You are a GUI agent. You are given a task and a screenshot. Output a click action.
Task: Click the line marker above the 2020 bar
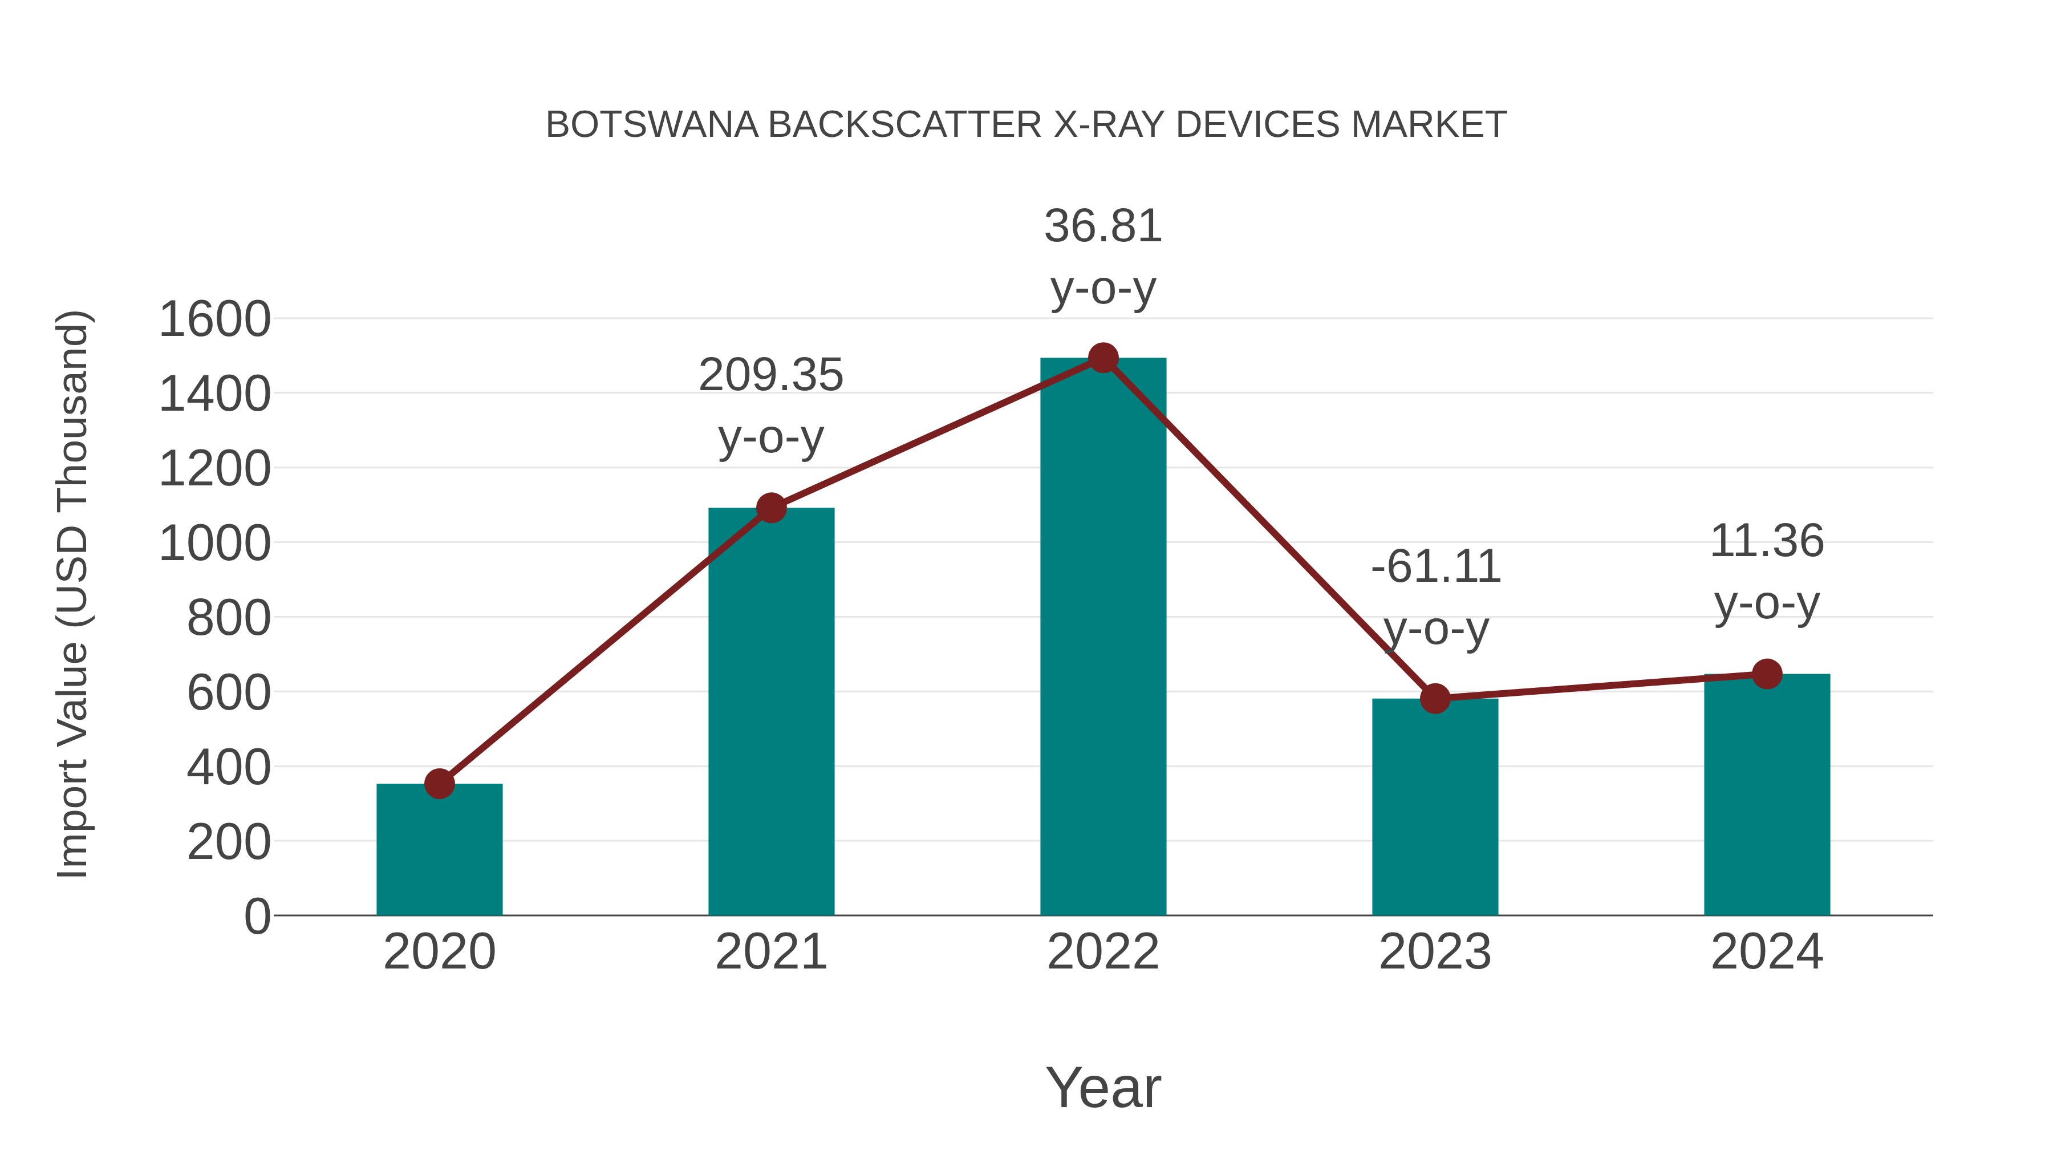[439, 784]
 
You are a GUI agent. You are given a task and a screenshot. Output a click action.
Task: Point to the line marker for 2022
[1103, 358]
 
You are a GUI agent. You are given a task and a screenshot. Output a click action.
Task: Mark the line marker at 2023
[1435, 698]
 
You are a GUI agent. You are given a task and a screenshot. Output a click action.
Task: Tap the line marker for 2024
[1767, 674]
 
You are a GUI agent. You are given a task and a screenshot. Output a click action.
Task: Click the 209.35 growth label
[770, 375]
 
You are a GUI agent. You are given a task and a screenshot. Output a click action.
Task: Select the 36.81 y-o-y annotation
[1103, 226]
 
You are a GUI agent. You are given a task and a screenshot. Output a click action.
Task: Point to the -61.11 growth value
[1435, 567]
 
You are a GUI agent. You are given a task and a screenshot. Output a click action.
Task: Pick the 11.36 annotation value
[1767, 541]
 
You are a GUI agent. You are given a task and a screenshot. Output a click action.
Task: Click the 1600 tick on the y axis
[214, 319]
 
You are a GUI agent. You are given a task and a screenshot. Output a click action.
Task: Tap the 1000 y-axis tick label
[214, 545]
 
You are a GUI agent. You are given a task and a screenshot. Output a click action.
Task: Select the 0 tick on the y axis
[257, 917]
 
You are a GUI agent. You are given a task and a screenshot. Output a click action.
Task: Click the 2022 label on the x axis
[1103, 952]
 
